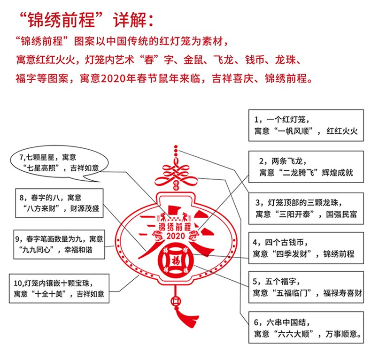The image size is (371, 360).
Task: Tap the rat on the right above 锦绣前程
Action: [187, 216]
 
